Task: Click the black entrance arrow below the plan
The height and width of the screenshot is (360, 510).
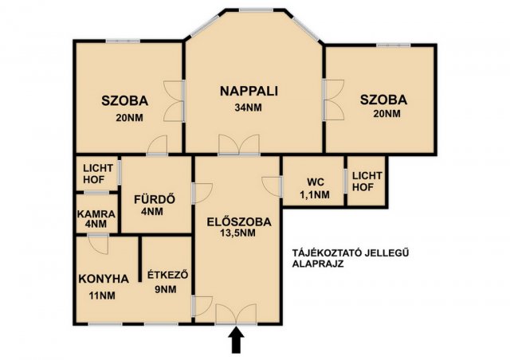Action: click(x=236, y=340)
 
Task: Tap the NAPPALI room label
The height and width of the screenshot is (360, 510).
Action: click(x=249, y=91)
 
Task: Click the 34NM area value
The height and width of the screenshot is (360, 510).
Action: click(x=249, y=108)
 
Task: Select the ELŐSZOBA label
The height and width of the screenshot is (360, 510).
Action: click(x=239, y=221)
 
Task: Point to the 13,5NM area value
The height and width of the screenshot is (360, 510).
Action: click(x=240, y=233)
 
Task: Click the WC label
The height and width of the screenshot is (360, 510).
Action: click(x=316, y=182)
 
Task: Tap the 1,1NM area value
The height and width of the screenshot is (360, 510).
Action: click(x=315, y=195)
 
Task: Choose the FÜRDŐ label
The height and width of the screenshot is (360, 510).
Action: click(x=155, y=199)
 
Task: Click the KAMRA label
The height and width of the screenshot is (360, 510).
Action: click(x=96, y=214)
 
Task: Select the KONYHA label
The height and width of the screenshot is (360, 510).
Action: click(x=104, y=279)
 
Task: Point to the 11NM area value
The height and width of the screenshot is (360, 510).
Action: click(x=102, y=295)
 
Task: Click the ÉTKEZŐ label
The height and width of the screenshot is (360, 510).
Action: click(x=168, y=275)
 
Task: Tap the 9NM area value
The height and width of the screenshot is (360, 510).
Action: click(x=166, y=289)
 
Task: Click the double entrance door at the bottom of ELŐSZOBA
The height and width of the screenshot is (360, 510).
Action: click(x=236, y=314)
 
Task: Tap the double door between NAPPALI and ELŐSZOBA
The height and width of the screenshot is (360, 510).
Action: click(x=239, y=144)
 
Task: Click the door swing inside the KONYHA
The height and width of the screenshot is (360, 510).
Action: click(x=98, y=244)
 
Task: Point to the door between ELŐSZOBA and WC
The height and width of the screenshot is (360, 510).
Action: click(x=272, y=186)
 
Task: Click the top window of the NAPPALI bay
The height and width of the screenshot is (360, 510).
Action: click(x=256, y=10)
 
